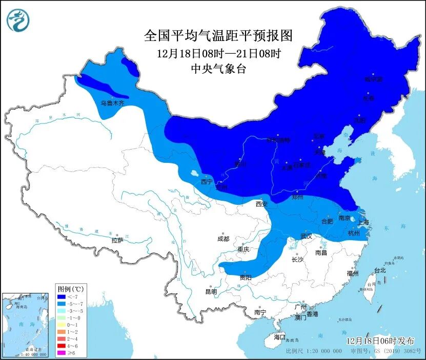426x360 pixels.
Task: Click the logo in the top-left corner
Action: (18, 19)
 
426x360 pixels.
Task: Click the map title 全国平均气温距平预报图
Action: (218, 35)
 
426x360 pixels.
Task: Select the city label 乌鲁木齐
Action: (112, 103)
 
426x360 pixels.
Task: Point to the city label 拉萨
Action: (117, 240)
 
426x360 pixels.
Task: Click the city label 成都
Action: (223, 238)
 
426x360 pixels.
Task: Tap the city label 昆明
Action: (211, 291)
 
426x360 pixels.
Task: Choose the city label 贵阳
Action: (246, 277)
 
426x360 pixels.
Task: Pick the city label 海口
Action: (279, 337)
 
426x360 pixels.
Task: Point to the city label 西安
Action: (262, 204)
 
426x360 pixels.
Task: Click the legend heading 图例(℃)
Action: (71, 289)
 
